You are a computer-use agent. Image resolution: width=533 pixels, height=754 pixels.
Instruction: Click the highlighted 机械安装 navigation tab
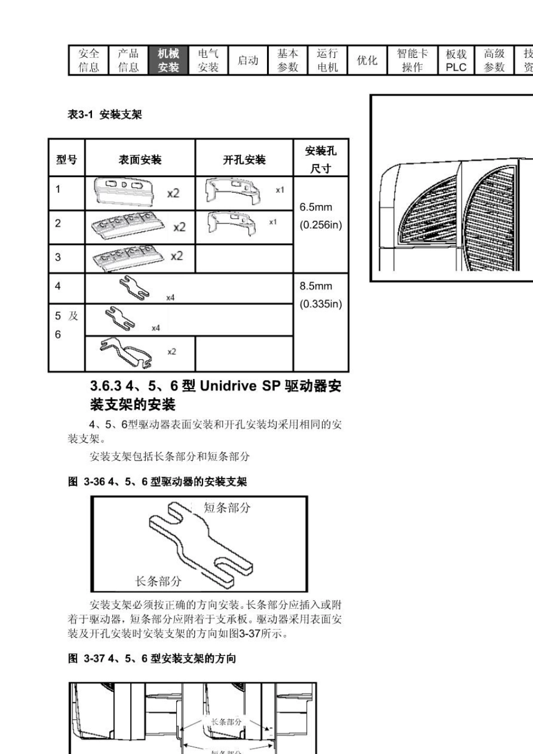168,61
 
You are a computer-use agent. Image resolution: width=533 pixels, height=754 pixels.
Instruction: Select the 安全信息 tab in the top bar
89,61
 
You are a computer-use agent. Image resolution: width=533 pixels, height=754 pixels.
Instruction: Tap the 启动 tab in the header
248,61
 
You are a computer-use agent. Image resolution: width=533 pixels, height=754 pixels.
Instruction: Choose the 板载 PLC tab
456,61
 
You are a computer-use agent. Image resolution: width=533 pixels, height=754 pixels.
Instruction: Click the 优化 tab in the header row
367,61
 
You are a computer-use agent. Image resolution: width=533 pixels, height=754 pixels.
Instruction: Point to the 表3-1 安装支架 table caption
105,115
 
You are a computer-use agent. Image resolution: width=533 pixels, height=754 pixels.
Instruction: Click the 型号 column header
67,160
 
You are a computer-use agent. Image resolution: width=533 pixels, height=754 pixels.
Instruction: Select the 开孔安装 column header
244,160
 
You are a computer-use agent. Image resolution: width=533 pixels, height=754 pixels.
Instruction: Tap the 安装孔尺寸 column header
320,159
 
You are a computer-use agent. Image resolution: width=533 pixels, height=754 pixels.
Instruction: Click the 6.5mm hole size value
315,207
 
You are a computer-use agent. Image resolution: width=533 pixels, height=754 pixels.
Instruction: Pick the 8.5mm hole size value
315,286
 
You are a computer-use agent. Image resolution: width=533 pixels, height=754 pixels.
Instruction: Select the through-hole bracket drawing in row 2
233,223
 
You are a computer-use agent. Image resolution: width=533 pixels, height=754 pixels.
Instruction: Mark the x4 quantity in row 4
170,298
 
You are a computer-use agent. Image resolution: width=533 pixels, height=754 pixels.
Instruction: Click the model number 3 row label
58,257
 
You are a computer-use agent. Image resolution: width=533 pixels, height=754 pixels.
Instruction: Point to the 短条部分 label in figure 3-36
227,508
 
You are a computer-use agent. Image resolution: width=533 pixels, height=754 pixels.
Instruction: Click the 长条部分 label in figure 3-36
158,581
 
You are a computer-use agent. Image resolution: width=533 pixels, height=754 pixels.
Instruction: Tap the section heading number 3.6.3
105,386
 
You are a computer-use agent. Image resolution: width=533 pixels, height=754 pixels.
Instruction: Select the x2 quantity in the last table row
172,351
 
